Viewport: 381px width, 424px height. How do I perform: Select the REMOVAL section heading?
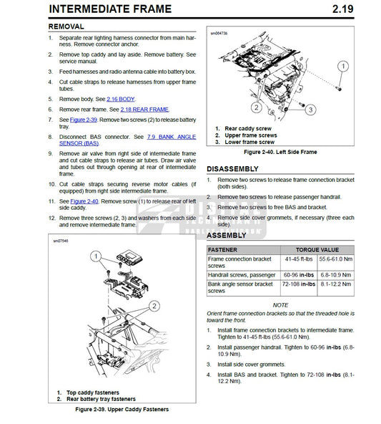pos(70,26)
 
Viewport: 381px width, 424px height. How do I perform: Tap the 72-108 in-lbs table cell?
pos(290,285)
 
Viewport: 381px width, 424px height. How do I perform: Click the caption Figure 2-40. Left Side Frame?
pos(280,153)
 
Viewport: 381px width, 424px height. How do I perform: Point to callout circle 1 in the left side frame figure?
pos(342,66)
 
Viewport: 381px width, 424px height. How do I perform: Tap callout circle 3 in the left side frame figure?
pos(310,109)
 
